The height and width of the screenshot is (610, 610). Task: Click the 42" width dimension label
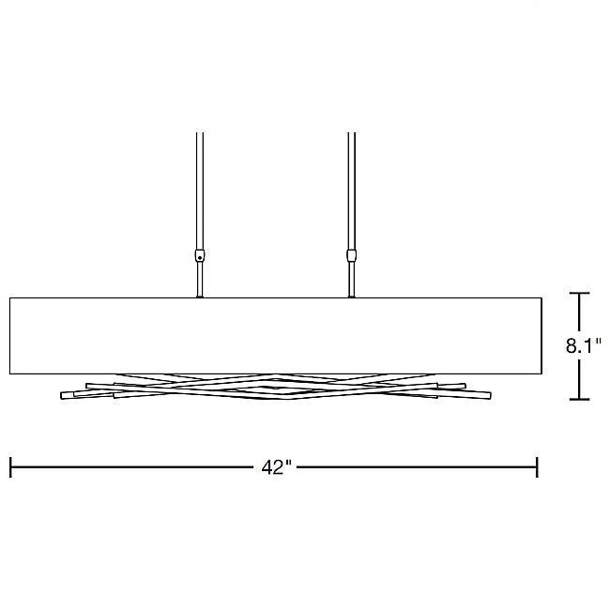click(x=277, y=467)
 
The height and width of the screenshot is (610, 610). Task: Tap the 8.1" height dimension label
click(x=584, y=345)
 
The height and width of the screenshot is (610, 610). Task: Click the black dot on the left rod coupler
click(x=200, y=257)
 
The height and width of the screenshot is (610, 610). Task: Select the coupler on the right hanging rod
click(x=351, y=255)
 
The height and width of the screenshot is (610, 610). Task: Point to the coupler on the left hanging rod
click(x=200, y=255)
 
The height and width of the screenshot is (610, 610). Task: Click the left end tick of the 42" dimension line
click(x=10, y=467)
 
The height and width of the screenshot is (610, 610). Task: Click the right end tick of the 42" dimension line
click(x=537, y=467)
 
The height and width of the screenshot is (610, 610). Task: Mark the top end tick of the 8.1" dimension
click(x=580, y=293)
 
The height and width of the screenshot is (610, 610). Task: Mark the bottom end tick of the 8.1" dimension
click(x=580, y=399)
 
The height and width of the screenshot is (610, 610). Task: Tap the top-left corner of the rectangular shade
click(x=9, y=298)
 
